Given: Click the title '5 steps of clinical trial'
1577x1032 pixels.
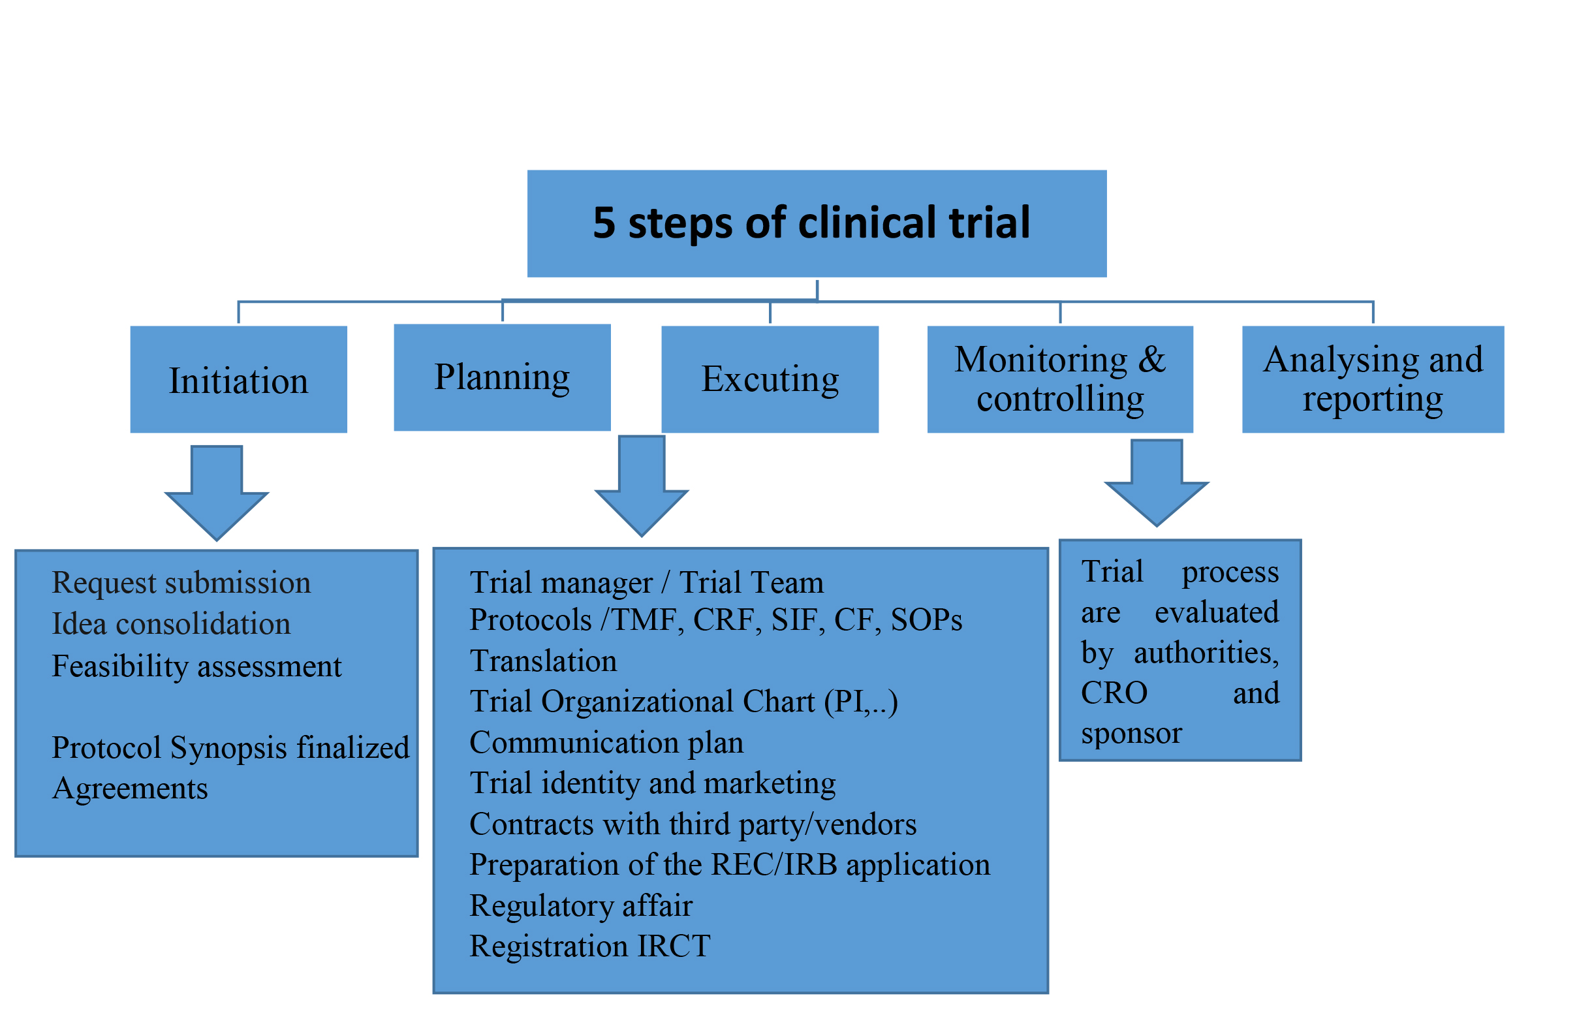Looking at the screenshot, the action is [x=811, y=223].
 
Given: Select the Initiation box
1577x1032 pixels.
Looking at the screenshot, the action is [x=238, y=379].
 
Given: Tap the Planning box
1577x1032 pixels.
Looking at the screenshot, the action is [x=502, y=377].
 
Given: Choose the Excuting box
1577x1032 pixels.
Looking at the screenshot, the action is [x=770, y=379].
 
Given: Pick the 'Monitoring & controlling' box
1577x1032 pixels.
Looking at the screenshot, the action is [x=1060, y=379].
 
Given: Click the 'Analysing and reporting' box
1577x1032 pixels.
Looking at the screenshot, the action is [x=1373, y=379].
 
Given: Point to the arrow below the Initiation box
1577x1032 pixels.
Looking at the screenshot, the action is [x=217, y=493].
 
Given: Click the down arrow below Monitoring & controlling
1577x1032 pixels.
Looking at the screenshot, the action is [x=1157, y=483].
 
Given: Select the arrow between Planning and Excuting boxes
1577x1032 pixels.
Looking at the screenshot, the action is [x=642, y=486].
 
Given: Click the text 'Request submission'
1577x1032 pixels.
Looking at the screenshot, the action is [x=181, y=583].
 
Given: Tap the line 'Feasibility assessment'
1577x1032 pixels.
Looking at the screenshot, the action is [x=196, y=666].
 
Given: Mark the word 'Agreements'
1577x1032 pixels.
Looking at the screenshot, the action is [x=130, y=789].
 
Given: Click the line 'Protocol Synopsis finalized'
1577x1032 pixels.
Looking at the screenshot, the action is [x=230, y=747].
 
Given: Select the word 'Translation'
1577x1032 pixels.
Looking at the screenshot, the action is [x=543, y=661].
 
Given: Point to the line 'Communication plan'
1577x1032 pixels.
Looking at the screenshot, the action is [x=606, y=742].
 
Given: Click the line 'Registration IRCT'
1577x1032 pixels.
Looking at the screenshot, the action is [x=589, y=946].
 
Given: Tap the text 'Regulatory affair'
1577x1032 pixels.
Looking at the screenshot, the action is [x=581, y=905].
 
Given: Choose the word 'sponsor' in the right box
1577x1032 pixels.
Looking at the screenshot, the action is [x=1131, y=734].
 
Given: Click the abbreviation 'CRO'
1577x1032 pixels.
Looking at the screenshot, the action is [x=1114, y=693].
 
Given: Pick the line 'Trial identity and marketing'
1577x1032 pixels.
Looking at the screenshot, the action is [x=653, y=783].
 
